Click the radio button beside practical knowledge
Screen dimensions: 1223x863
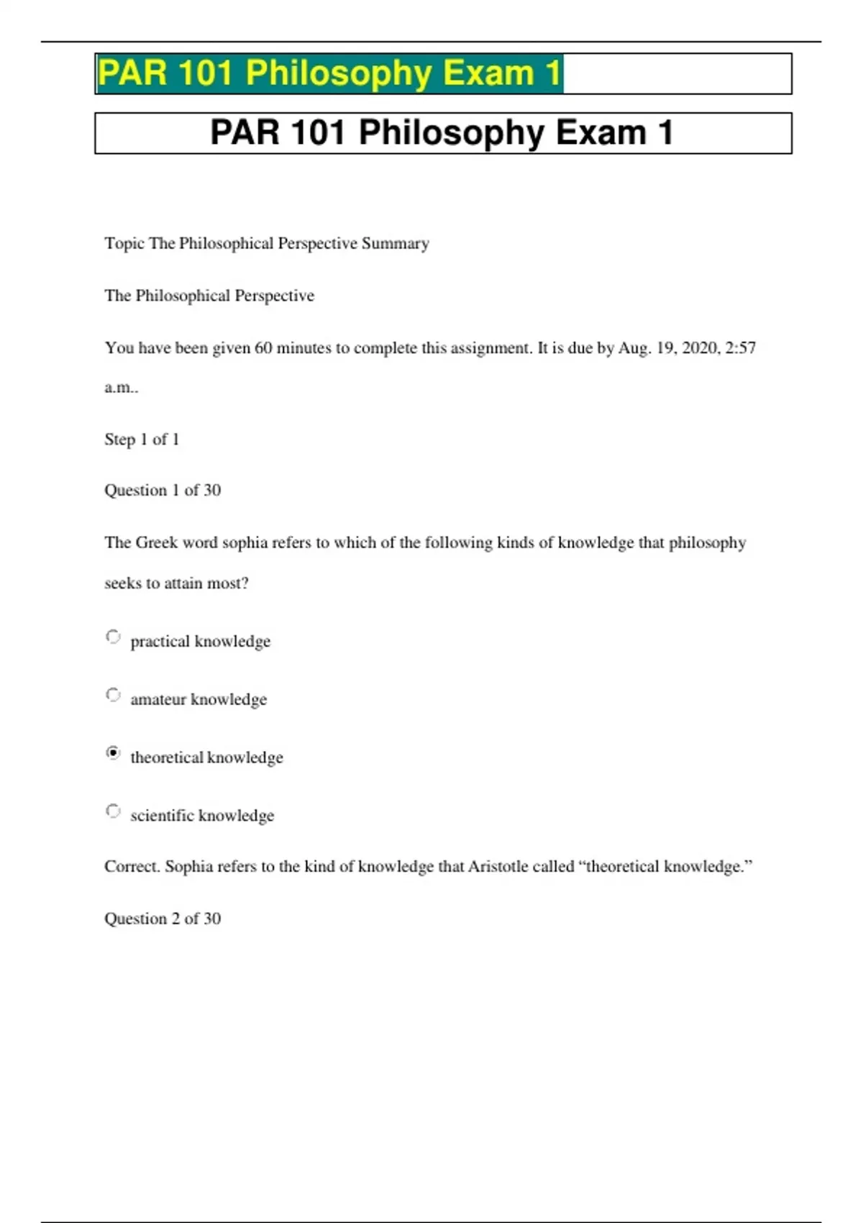tap(113, 637)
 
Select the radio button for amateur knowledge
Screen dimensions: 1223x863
tap(113, 695)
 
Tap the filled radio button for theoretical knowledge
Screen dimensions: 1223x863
tap(113, 753)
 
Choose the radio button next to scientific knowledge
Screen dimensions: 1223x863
tap(113, 811)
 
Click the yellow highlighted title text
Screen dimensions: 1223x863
tap(329, 73)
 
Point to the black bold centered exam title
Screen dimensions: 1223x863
tap(442, 133)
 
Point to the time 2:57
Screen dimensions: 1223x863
tap(740, 348)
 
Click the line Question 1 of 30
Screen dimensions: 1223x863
tap(163, 491)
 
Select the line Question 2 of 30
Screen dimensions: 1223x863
tap(163, 919)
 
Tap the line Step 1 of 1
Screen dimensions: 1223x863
tap(142, 440)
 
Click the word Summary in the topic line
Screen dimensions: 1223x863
tap(395, 243)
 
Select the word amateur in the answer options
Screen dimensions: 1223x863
tap(157, 699)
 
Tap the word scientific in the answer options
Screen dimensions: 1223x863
tap(162, 815)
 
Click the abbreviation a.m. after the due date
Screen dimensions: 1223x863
tap(120, 388)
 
